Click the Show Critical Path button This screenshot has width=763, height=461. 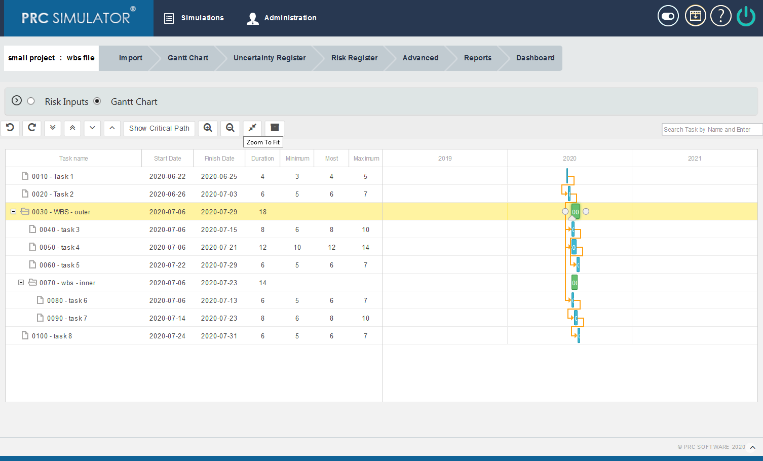point(159,128)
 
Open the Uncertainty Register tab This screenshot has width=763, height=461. point(270,58)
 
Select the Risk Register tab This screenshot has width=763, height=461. point(354,58)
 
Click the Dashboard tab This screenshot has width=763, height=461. point(535,58)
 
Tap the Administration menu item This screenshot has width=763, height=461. point(282,18)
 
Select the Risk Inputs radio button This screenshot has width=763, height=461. point(31,101)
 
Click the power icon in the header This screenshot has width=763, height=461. point(746,16)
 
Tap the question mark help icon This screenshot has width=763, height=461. point(720,16)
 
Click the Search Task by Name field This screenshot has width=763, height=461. point(711,130)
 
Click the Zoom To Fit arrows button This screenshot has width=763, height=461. point(252,128)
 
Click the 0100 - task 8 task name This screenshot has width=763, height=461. point(52,336)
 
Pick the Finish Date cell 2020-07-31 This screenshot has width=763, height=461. point(219,336)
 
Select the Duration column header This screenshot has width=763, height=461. point(262,159)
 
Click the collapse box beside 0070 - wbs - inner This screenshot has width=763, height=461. point(21,283)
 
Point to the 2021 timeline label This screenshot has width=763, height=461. point(695,159)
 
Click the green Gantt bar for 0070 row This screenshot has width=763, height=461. point(575,283)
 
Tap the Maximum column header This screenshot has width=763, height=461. point(366,159)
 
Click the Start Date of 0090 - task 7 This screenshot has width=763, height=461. point(167,318)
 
